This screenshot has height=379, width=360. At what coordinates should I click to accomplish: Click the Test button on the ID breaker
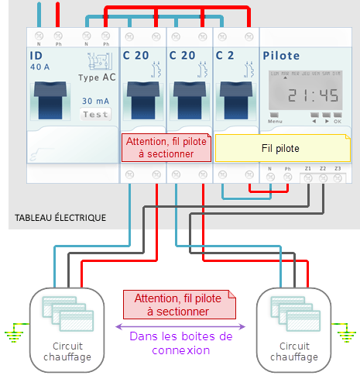coord(96,115)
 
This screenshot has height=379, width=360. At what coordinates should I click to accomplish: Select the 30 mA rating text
coord(96,102)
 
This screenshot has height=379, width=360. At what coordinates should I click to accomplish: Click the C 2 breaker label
coord(225,56)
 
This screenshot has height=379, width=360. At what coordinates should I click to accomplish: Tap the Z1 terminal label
coord(307,168)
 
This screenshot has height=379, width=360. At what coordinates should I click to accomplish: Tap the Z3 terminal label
coord(337,168)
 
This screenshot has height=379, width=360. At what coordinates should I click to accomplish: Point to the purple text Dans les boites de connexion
coord(180,343)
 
